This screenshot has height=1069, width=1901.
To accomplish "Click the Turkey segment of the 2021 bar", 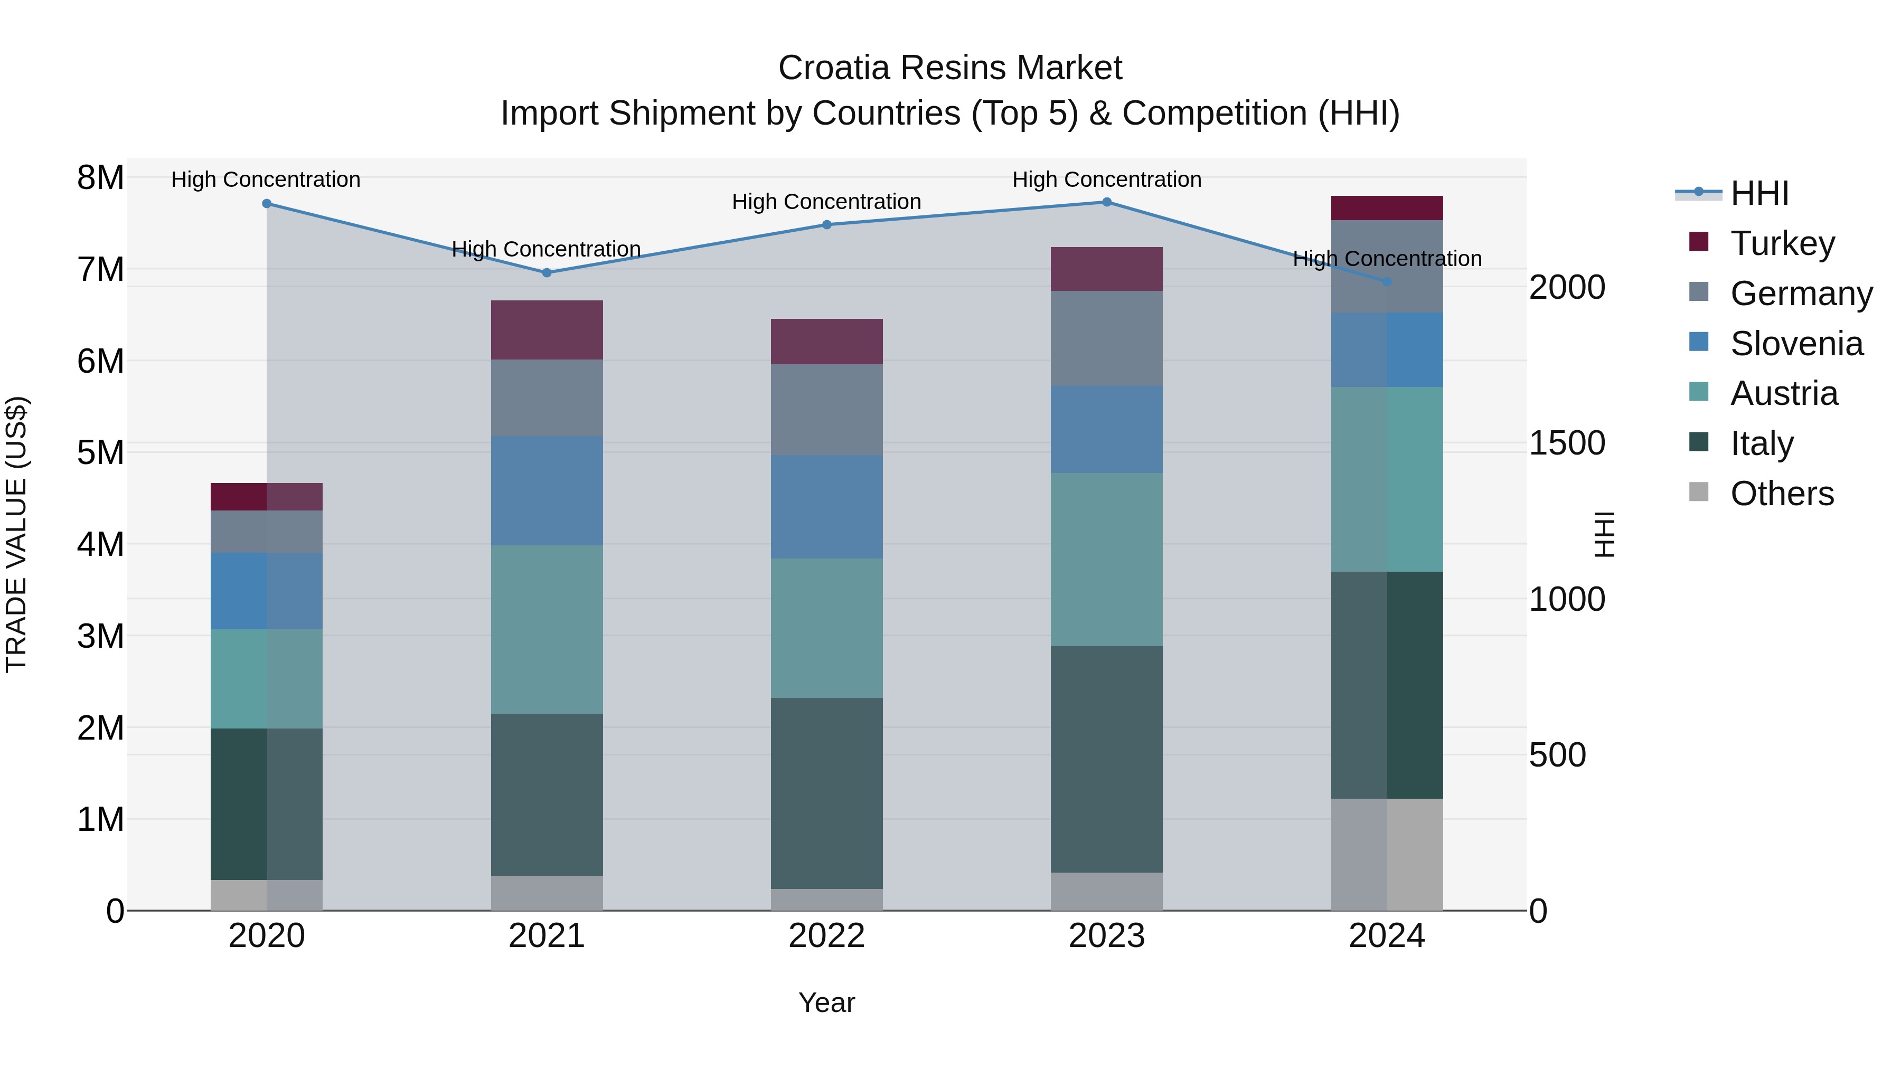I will pos(547,330).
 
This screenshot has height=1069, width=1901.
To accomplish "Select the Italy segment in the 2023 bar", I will pos(1106,759).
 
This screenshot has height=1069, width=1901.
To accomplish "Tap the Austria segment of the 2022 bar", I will pos(826,628).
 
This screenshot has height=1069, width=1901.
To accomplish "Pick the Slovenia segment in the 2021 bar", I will pos(547,490).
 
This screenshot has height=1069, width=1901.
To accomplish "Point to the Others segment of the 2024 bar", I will pos(1387,854).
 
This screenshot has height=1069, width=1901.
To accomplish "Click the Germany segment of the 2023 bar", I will pos(1106,338).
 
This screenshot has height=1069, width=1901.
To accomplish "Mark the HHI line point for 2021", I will pos(547,273).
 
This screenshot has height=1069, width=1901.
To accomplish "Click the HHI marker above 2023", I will pos(1106,202).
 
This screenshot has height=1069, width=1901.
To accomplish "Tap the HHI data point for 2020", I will pos(267,204).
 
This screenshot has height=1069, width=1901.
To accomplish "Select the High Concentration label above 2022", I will pos(826,202).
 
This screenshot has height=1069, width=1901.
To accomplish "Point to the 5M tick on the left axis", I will pos(100,453).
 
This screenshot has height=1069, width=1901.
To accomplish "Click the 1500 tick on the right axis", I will pos(1567,443).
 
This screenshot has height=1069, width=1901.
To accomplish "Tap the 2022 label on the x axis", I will pos(826,936).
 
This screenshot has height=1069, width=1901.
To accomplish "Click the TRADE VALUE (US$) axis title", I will pos(17,534).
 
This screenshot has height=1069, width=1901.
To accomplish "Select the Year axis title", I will pos(826,1002).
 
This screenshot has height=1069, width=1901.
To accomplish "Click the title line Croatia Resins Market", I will pos(950,68).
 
